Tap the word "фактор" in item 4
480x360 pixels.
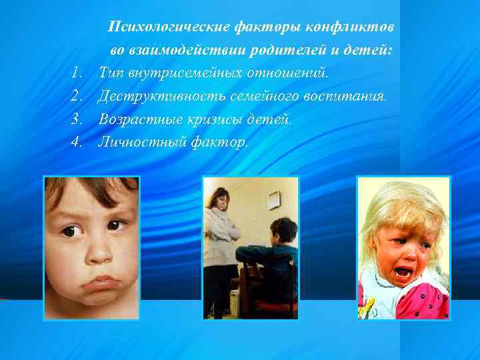pyautogui.click(x=221, y=141)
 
